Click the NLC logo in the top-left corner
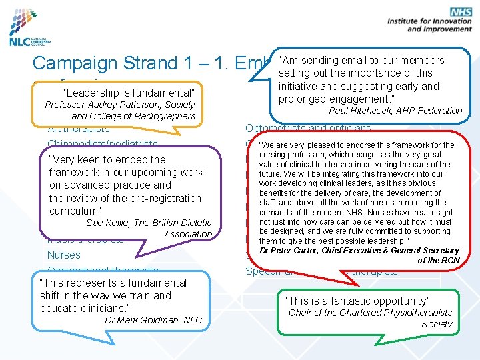[x=30, y=30]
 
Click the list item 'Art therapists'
[x=79, y=129]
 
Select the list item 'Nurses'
[x=63, y=255]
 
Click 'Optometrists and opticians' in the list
[x=308, y=129]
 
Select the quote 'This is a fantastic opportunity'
[x=357, y=301]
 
